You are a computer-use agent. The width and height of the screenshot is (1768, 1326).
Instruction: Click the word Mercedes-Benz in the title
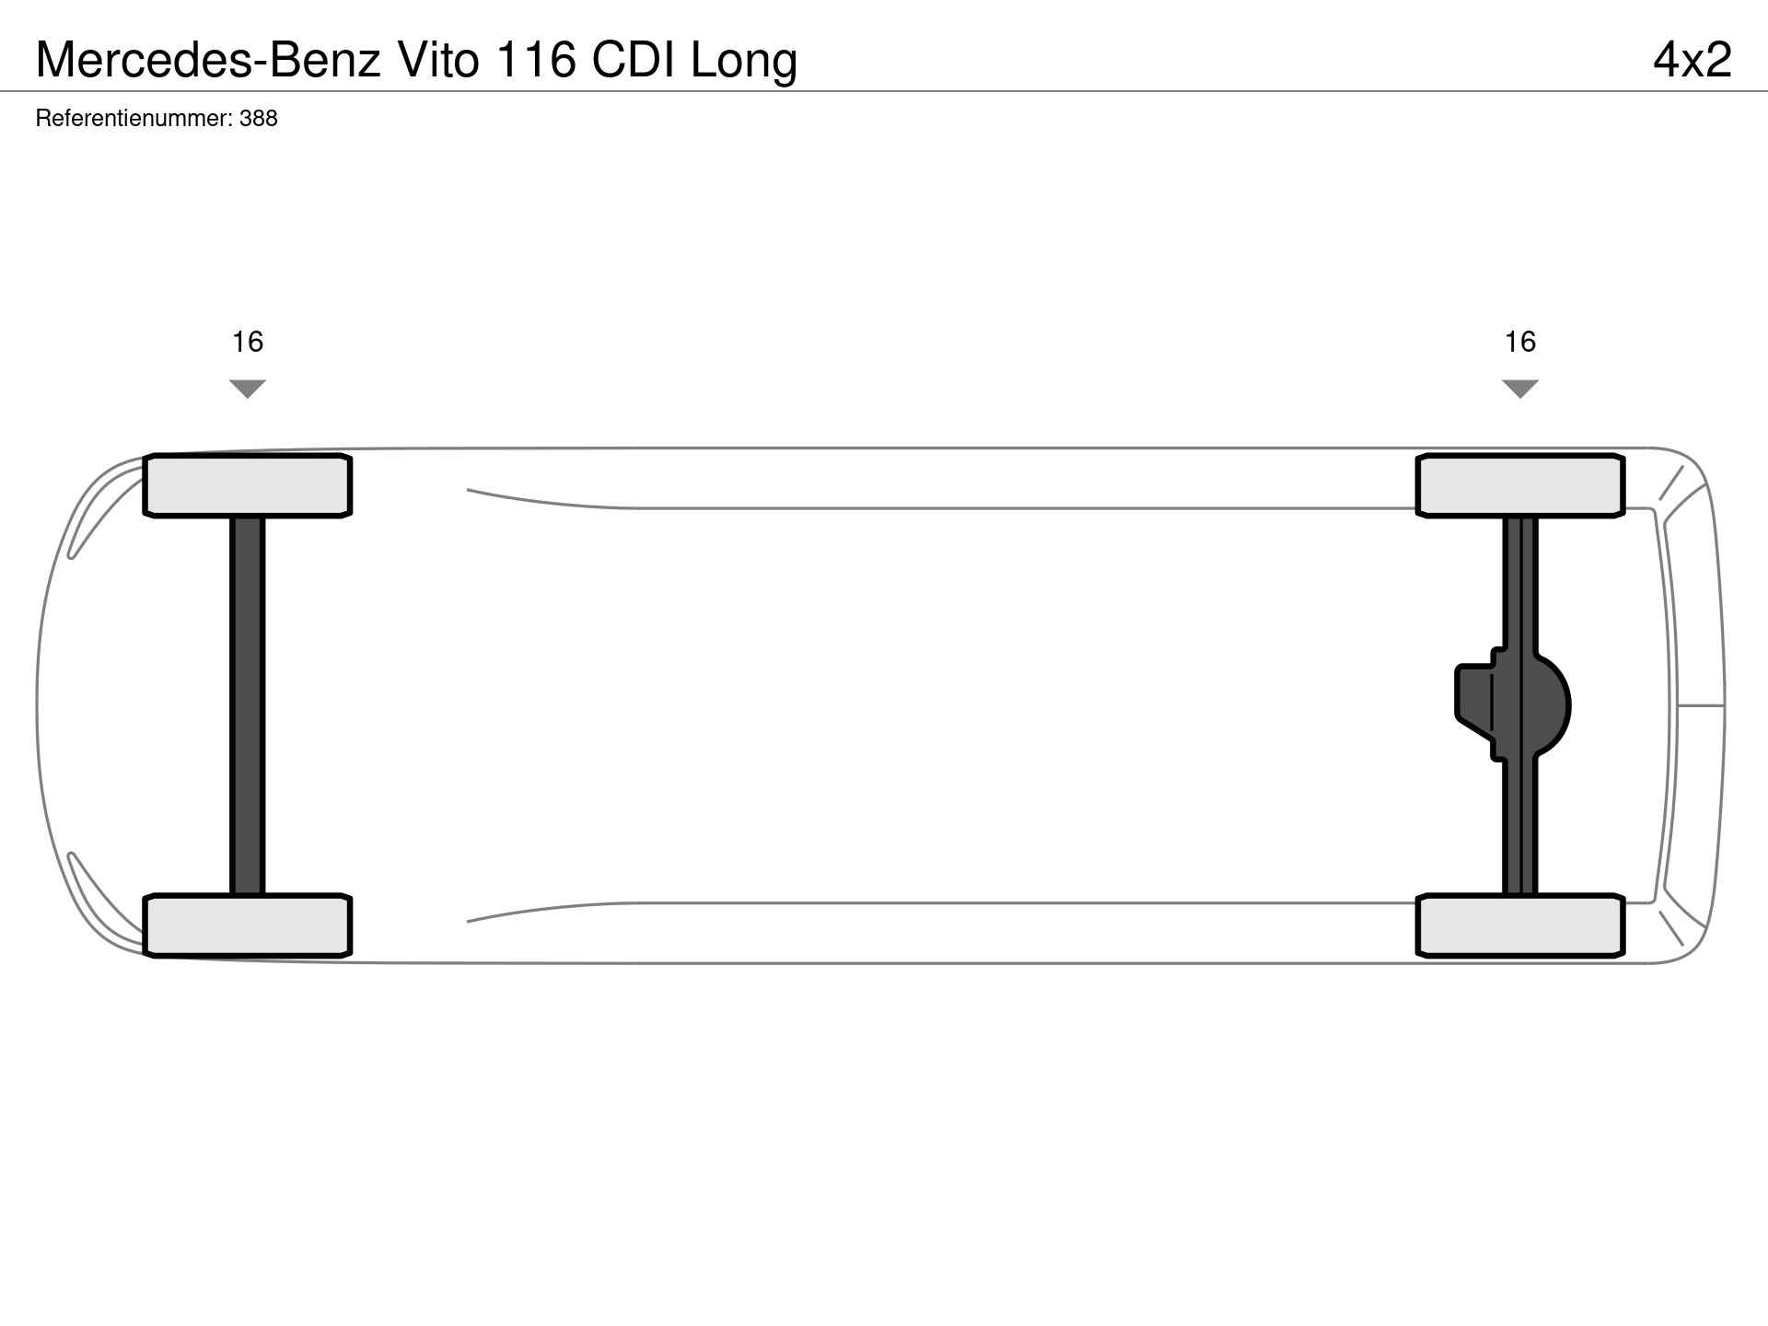click(208, 60)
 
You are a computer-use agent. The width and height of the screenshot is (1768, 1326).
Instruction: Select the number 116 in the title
click(537, 60)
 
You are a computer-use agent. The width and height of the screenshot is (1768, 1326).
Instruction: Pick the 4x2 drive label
click(1692, 60)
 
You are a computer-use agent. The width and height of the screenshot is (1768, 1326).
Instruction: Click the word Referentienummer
click(134, 119)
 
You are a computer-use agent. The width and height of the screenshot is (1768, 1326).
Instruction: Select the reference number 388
click(259, 119)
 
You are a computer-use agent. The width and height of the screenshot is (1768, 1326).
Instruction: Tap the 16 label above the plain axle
click(248, 343)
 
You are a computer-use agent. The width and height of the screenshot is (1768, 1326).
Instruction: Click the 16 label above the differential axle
click(1520, 343)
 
